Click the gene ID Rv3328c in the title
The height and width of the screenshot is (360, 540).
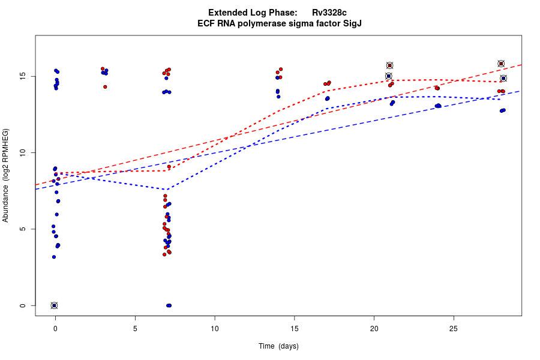click(x=329, y=13)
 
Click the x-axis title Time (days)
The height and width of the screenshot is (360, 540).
click(x=278, y=346)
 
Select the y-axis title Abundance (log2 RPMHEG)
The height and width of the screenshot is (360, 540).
click(x=6, y=175)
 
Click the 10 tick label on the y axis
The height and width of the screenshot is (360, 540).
click(x=22, y=153)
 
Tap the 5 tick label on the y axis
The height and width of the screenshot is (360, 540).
click(x=22, y=229)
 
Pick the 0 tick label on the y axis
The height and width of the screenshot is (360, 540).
click(x=22, y=305)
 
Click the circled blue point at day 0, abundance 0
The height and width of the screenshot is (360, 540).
click(x=54, y=305)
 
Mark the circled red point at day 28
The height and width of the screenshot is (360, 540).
click(x=501, y=64)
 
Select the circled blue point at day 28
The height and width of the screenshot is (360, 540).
click(x=503, y=79)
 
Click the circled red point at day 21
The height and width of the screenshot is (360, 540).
click(x=389, y=65)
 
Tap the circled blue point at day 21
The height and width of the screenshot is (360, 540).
click(x=388, y=76)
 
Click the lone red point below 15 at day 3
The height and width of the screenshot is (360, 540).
click(x=105, y=86)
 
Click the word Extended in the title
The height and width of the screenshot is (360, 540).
click(x=228, y=13)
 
